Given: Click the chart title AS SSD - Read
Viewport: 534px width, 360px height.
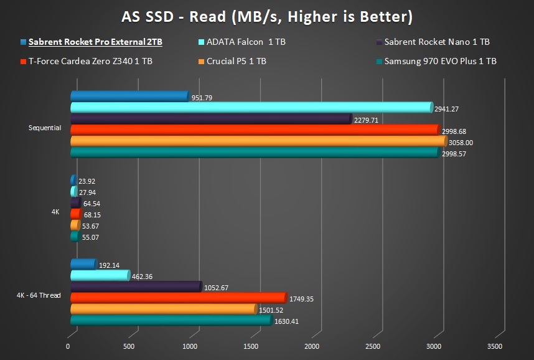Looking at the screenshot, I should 266,16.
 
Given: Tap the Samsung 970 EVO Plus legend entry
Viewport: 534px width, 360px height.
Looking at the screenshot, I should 440,61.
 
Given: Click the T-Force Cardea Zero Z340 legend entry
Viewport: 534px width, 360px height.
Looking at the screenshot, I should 90,61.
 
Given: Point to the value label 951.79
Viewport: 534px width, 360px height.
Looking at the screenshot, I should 202,98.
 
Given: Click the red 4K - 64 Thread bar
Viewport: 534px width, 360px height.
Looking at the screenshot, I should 178,298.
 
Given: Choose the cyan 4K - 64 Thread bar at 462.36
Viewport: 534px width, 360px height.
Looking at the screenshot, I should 100,275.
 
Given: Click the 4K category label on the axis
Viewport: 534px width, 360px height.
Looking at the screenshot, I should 55,212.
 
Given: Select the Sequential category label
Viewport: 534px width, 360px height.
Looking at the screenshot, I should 45,128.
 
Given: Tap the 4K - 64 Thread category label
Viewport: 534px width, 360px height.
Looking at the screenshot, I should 39,295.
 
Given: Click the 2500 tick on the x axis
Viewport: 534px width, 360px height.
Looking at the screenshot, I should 373,346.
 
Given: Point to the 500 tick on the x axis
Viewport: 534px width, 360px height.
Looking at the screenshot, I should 129,346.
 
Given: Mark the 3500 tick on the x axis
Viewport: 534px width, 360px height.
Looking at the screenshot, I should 494,346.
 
